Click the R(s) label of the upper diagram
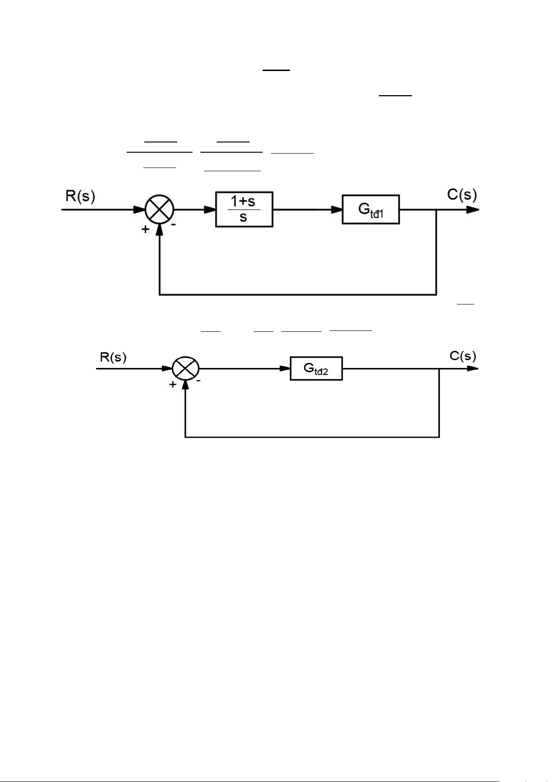80,196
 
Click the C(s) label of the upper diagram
462,194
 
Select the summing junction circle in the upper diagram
160,210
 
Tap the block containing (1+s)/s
244,210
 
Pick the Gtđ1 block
371,209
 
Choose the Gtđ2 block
316,368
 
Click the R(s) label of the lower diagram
113,357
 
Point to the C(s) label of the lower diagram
463,356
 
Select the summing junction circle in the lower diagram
186,369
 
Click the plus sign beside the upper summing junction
146,229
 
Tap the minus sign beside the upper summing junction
174,224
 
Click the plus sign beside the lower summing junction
173,384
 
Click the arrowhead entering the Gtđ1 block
337,210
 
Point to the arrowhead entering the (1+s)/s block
211,210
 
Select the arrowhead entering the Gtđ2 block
285,369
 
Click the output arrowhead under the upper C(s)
473,210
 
